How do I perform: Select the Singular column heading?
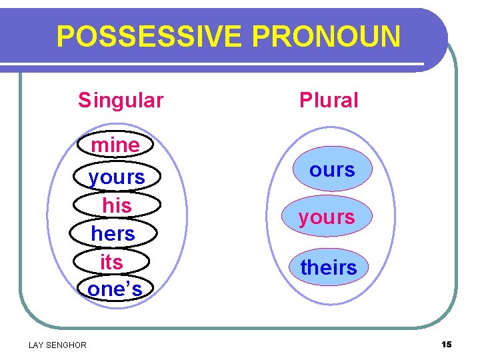tap(121, 100)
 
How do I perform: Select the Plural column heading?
tap(329, 100)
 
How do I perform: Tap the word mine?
tap(115, 145)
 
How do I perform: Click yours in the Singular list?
tap(117, 177)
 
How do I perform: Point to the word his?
tap(117, 205)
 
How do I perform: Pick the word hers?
tap(113, 234)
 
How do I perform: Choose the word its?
tap(111, 262)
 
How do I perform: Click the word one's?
tap(115, 289)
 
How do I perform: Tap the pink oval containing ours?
tap(332, 169)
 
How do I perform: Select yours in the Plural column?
tap(327, 217)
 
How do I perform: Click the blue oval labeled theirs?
tap(329, 267)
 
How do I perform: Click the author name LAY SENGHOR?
tap(57, 345)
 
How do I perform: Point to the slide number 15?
tap(446, 344)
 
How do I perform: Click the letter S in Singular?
tap(83, 100)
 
